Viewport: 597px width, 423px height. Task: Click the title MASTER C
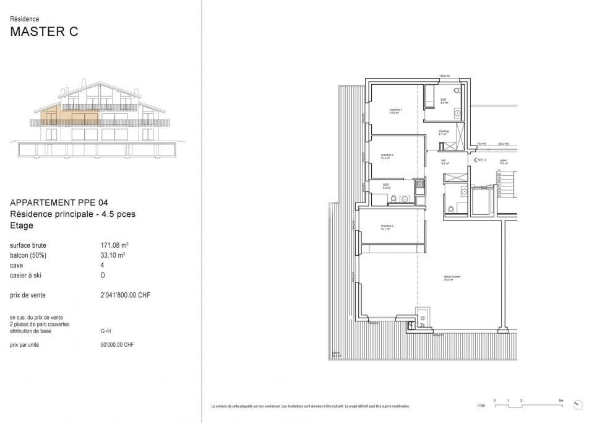45,33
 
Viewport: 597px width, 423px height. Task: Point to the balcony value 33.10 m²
113,255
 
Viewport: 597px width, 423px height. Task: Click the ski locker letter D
103,275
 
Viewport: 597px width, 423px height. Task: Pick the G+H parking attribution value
105,331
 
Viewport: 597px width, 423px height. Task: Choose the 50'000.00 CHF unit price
118,345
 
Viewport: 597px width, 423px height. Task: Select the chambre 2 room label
387,156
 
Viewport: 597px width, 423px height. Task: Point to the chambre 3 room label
387,227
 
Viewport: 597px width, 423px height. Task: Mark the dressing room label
444,132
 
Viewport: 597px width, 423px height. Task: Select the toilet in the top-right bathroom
457,90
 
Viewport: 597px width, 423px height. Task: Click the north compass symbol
578,405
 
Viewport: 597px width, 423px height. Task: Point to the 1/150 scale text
481,406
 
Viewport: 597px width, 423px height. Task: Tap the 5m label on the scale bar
560,401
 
